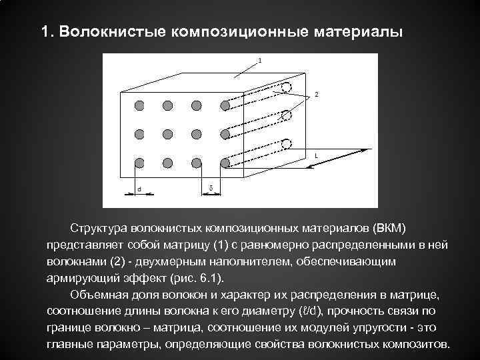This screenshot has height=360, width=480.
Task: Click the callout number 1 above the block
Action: tap(259, 60)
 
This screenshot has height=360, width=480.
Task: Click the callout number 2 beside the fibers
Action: tap(316, 95)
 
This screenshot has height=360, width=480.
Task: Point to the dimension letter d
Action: tap(139, 189)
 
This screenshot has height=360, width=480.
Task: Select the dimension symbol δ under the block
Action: tap(211, 189)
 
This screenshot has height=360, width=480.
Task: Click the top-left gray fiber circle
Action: tap(139, 105)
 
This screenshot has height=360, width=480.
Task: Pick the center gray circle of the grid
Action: tap(167, 133)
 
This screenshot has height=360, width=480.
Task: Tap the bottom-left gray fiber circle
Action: tap(139, 162)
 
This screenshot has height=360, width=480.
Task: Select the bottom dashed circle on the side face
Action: tap(286, 144)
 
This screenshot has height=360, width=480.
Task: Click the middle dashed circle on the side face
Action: tap(286, 115)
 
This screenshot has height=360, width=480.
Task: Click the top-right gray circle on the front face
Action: tap(225, 105)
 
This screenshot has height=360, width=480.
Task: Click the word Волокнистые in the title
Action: tap(111, 32)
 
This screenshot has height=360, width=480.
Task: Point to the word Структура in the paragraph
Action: tap(101, 229)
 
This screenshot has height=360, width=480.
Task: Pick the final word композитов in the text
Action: tap(417, 344)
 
